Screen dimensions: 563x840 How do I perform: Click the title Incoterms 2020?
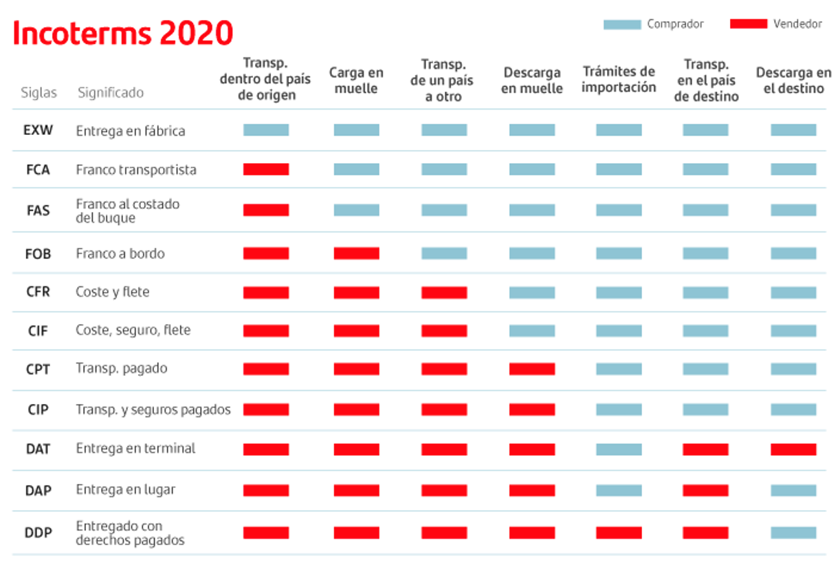(123, 33)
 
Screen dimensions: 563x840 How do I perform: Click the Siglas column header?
(38, 92)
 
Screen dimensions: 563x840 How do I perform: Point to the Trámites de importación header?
(619, 79)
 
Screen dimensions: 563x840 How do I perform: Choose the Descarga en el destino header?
(793, 81)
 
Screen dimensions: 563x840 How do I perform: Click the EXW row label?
(38, 130)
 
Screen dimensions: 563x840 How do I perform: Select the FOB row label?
(38, 253)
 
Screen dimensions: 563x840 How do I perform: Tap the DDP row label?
(38, 533)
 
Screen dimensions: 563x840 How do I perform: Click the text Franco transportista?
(136, 169)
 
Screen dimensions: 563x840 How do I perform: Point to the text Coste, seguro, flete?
(133, 330)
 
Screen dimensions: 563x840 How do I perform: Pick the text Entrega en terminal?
(135, 449)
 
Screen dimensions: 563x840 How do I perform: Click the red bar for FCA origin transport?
(266, 169)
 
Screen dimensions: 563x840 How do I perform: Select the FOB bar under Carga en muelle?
(356, 253)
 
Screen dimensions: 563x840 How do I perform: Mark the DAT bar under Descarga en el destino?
(793, 449)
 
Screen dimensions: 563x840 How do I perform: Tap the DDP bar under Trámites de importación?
(619, 533)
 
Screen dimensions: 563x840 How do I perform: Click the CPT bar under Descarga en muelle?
(531, 369)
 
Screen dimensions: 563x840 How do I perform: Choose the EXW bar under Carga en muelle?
(356, 130)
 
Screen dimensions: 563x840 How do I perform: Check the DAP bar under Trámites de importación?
(619, 491)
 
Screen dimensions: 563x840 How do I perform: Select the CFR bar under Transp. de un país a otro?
(444, 293)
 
